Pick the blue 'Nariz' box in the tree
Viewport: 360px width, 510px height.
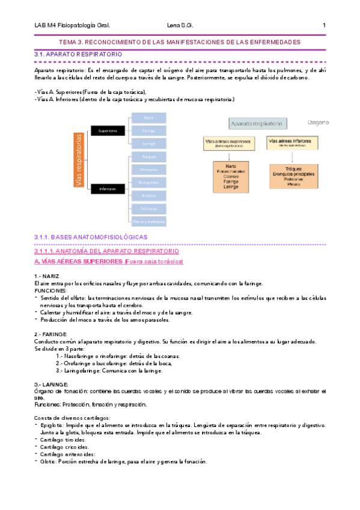pyautogui.click(x=148, y=117)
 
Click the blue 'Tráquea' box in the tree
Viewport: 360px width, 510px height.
pyautogui.click(x=148, y=157)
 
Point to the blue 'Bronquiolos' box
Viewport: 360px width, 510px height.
pyautogui.click(x=148, y=182)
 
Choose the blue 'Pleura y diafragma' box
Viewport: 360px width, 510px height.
pyautogui.click(x=148, y=221)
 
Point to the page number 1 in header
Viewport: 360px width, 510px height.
pyautogui.click(x=324, y=25)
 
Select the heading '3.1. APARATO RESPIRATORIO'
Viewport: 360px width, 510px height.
pyautogui.click(x=78, y=54)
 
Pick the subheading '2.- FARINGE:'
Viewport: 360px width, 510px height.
pyautogui.click(x=51, y=334)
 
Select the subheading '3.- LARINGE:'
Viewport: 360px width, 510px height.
pyautogui.click(x=51, y=384)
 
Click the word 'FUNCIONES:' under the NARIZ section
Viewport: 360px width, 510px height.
pyautogui.click(x=51, y=290)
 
